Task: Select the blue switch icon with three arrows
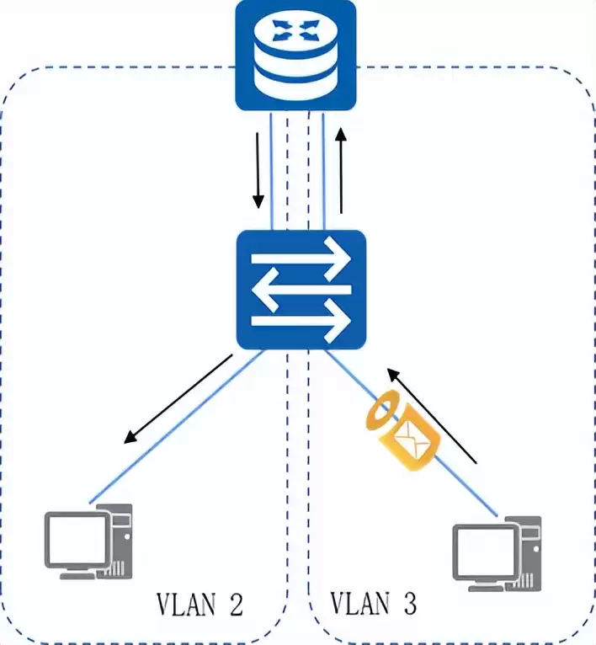(301, 291)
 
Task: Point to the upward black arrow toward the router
(341, 169)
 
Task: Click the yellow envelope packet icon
(415, 440)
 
